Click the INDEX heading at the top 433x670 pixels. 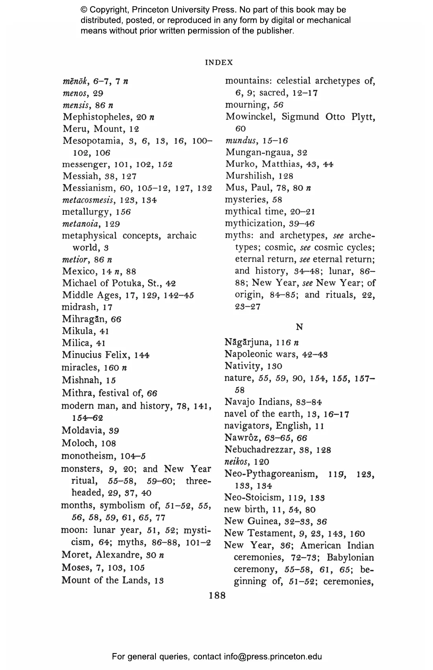[219, 63]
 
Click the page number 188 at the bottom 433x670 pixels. [218, 595]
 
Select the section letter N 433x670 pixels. [300, 327]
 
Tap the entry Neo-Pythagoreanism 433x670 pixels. [270, 473]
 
